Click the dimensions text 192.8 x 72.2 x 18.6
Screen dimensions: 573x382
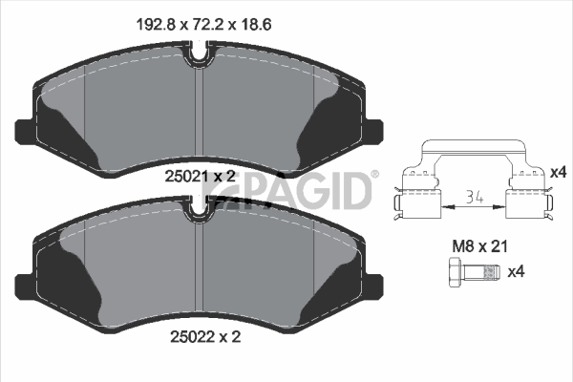coord(203,25)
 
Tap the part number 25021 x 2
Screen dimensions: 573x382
coord(200,177)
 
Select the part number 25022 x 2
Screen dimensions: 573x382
coord(205,337)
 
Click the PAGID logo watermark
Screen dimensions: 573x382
coord(286,191)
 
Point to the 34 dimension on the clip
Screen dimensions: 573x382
coord(475,198)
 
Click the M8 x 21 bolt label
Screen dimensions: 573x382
coord(479,246)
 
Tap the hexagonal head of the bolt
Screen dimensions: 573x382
coord(456,272)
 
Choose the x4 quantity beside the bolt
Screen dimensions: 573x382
coord(517,271)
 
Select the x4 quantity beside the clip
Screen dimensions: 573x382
coord(558,172)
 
